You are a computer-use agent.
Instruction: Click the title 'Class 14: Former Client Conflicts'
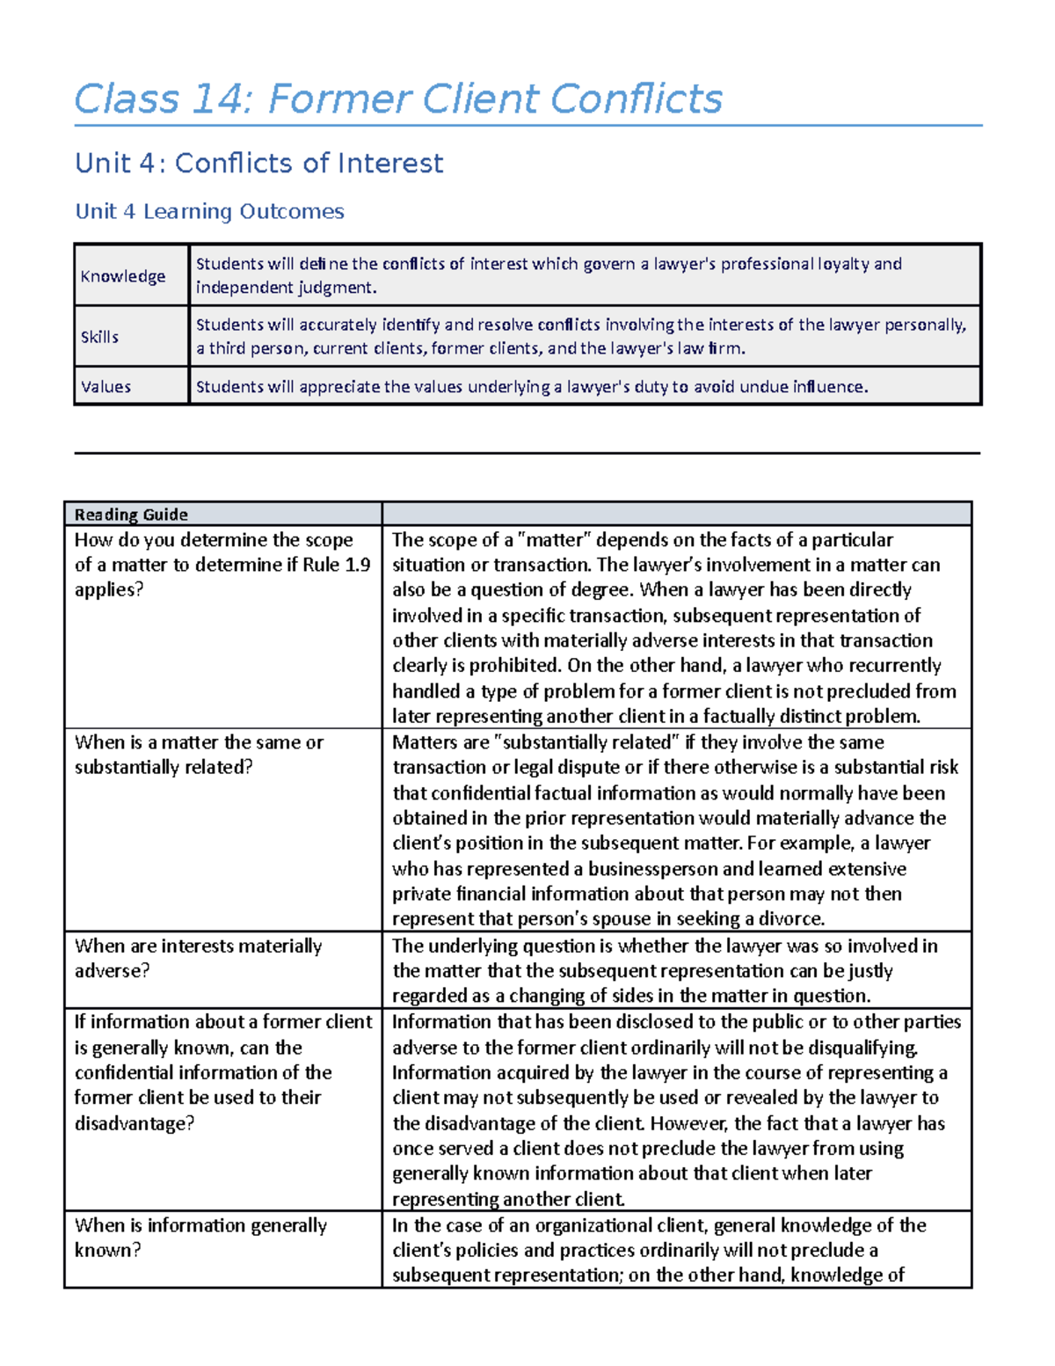(x=397, y=99)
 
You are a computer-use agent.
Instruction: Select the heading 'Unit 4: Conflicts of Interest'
(x=258, y=164)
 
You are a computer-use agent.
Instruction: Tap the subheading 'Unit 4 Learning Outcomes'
(x=209, y=212)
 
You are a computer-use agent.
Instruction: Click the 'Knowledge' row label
(x=123, y=276)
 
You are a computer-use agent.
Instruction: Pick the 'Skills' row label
(x=99, y=337)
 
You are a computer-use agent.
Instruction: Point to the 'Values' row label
(x=105, y=387)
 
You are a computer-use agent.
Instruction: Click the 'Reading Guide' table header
(x=131, y=515)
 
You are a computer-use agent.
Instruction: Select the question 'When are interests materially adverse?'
(x=199, y=958)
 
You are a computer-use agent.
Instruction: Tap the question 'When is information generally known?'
(x=200, y=1237)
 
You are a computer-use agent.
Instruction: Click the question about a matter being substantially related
(x=199, y=755)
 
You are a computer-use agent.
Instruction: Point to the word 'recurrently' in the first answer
(x=891, y=666)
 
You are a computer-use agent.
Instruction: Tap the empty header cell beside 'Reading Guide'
(x=676, y=515)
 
